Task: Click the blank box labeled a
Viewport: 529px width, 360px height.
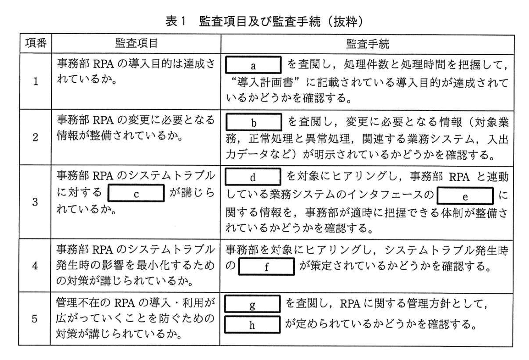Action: [x=253, y=65]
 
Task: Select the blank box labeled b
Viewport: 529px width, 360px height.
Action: [x=254, y=122]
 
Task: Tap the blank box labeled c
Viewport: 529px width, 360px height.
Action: [x=136, y=193]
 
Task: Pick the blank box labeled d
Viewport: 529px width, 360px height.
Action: [x=253, y=176]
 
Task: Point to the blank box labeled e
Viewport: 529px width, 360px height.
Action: [x=465, y=196]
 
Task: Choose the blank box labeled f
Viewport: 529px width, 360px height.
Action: [x=266, y=266]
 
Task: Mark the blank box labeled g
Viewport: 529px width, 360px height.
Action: [x=252, y=304]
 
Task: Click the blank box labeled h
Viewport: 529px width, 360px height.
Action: [x=252, y=324]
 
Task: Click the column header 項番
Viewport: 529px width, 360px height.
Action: [x=36, y=43]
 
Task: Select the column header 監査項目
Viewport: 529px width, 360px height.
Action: [x=136, y=43]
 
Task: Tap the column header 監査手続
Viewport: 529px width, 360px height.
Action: [x=367, y=44]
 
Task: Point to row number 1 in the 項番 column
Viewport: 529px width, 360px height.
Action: [x=36, y=81]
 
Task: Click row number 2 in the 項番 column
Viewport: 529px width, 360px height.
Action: [x=36, y=137]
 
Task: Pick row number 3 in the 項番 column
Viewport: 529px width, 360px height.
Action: [x=35, y=202]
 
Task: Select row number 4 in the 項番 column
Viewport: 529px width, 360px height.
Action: [x=35, y=266]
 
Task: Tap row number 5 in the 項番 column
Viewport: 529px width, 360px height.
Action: [x=35, y=319]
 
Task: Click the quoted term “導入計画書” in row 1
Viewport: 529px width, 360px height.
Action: [x=265, y=82]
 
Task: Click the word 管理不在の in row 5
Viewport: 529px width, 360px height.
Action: [x=83, y=302]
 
